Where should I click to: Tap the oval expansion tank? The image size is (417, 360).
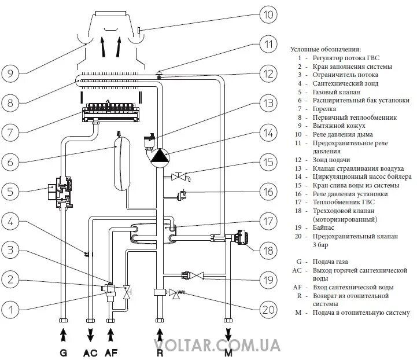pos(122,161)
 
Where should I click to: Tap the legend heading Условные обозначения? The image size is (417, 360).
pos(325,49)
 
